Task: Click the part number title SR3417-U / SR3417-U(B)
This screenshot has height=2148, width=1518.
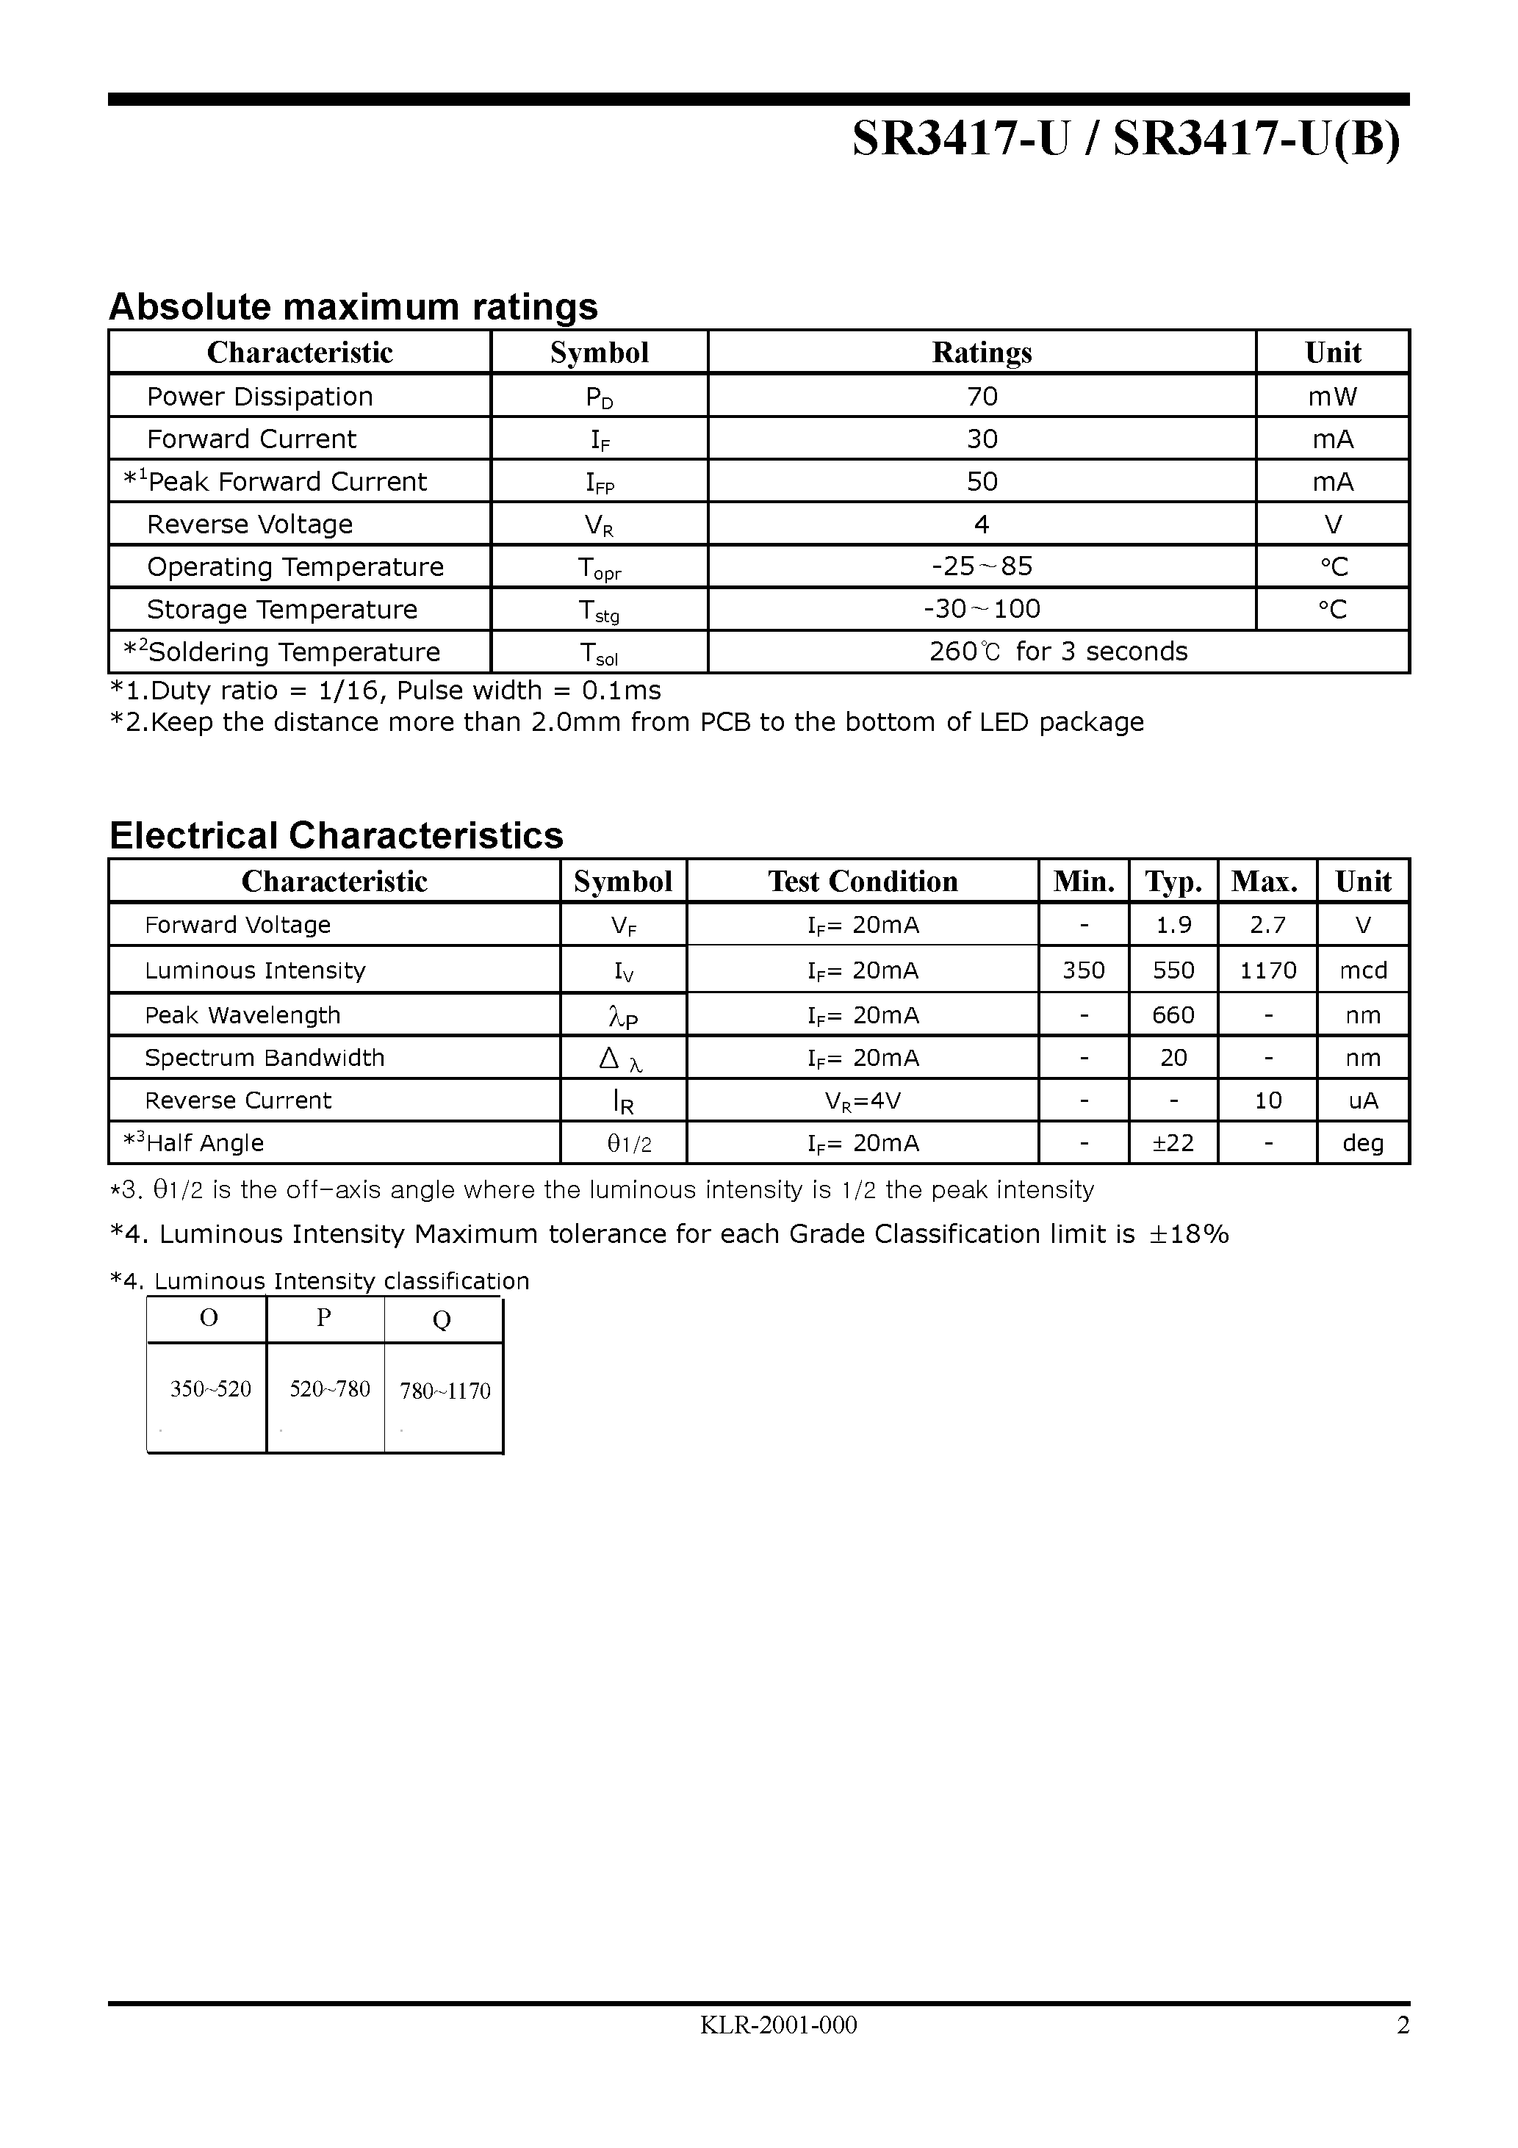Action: (1126, 140)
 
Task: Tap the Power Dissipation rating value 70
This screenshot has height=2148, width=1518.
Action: (982, 397)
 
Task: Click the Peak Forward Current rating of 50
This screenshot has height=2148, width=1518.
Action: (982, 482)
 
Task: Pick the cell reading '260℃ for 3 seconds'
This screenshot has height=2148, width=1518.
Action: (1057, 652)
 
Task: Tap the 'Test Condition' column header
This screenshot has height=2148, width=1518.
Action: (862, 882)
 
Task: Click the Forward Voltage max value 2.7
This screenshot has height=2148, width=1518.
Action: (1267, 926)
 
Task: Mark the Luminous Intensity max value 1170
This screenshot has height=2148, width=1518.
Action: (1267, 970)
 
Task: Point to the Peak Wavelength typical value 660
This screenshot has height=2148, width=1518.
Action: (1173, 1015)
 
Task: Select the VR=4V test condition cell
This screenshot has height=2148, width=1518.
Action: (862, 1101)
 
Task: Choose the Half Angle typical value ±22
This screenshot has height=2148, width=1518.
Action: (1173, 1143)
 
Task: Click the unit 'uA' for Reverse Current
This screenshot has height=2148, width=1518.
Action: (1363, 1101)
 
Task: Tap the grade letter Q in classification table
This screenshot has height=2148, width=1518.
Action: (442, 1320)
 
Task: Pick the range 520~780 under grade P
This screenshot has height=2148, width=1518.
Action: (329, 1389)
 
